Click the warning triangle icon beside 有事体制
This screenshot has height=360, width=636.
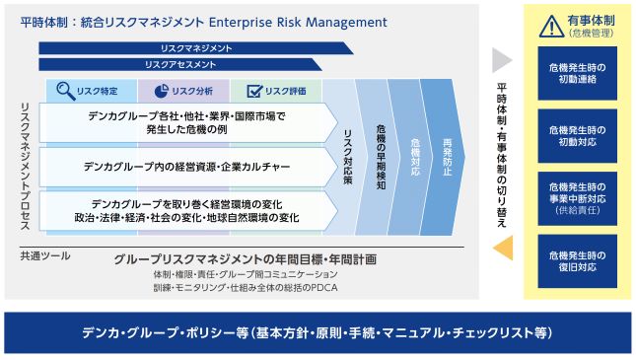pos(551,28)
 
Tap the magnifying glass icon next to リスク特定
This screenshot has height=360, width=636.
pos(66,91)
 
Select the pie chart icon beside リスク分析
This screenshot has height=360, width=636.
pos(161,91)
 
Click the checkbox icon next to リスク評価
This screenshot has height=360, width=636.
pos(254,91)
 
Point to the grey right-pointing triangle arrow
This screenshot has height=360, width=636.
pos(502,60)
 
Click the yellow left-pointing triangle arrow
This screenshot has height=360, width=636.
pos(503,248)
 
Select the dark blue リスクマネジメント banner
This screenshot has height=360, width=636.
pos(196,48)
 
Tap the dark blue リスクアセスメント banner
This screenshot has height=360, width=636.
pos(180,64)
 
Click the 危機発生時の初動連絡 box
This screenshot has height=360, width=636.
pos(577,73)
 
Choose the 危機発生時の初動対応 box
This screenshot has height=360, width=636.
pos(577,136)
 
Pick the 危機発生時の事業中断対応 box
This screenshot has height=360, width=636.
pos(577,198)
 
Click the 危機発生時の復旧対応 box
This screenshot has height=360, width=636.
pos(577,261)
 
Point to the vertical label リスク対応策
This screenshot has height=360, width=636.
pos(348,157)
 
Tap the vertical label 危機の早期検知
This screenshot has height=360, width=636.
pos(381,157)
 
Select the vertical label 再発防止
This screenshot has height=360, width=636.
pos(447,157)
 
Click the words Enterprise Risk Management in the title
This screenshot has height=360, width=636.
pos(298,22)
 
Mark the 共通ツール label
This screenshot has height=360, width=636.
pos(45,256)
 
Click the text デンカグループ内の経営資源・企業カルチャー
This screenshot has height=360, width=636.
pos(186,167)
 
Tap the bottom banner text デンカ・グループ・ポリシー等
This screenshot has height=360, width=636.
pos(165,332)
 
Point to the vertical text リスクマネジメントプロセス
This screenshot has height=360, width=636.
pos(26,167)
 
